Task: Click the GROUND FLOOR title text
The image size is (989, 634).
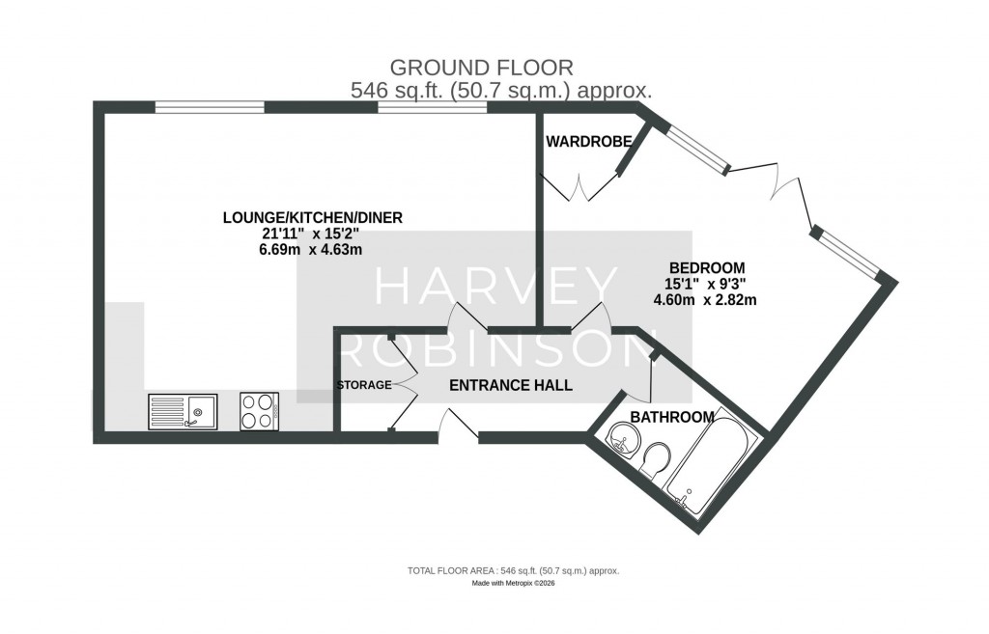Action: pos(480,68)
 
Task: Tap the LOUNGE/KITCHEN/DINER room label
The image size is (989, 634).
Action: pos(312,218)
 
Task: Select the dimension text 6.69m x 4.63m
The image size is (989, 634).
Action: pos(304,250)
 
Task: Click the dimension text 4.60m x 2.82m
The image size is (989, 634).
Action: pos(705,300)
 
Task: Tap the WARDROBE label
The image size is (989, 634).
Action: pos(588,142)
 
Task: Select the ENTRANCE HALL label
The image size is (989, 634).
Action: pos(511,385)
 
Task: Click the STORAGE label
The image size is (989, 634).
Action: pos(363,385)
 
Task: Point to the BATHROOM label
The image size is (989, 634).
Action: pos(672,417)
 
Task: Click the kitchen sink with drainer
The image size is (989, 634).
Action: pos(184,412)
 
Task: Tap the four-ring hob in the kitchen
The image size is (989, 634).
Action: pos(259,412)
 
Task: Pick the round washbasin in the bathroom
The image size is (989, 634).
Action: pos(623,445)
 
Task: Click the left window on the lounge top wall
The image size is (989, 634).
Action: pos(210,107)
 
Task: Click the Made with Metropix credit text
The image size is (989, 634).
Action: pos(513,584)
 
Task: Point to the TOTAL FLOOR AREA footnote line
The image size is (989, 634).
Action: pos(513,571)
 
